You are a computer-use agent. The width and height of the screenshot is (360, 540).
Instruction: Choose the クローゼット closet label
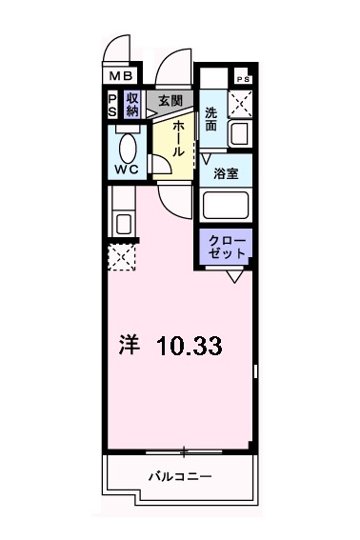[228, 247]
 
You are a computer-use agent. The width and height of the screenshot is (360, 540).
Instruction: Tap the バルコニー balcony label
[179, 475]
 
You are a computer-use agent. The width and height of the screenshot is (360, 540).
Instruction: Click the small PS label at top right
[242, 79]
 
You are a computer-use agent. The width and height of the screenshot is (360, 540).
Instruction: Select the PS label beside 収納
[112, 104]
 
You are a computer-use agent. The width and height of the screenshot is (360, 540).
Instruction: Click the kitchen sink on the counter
[121, 225]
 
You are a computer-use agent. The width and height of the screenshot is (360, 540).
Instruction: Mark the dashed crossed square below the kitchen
[122, 257]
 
